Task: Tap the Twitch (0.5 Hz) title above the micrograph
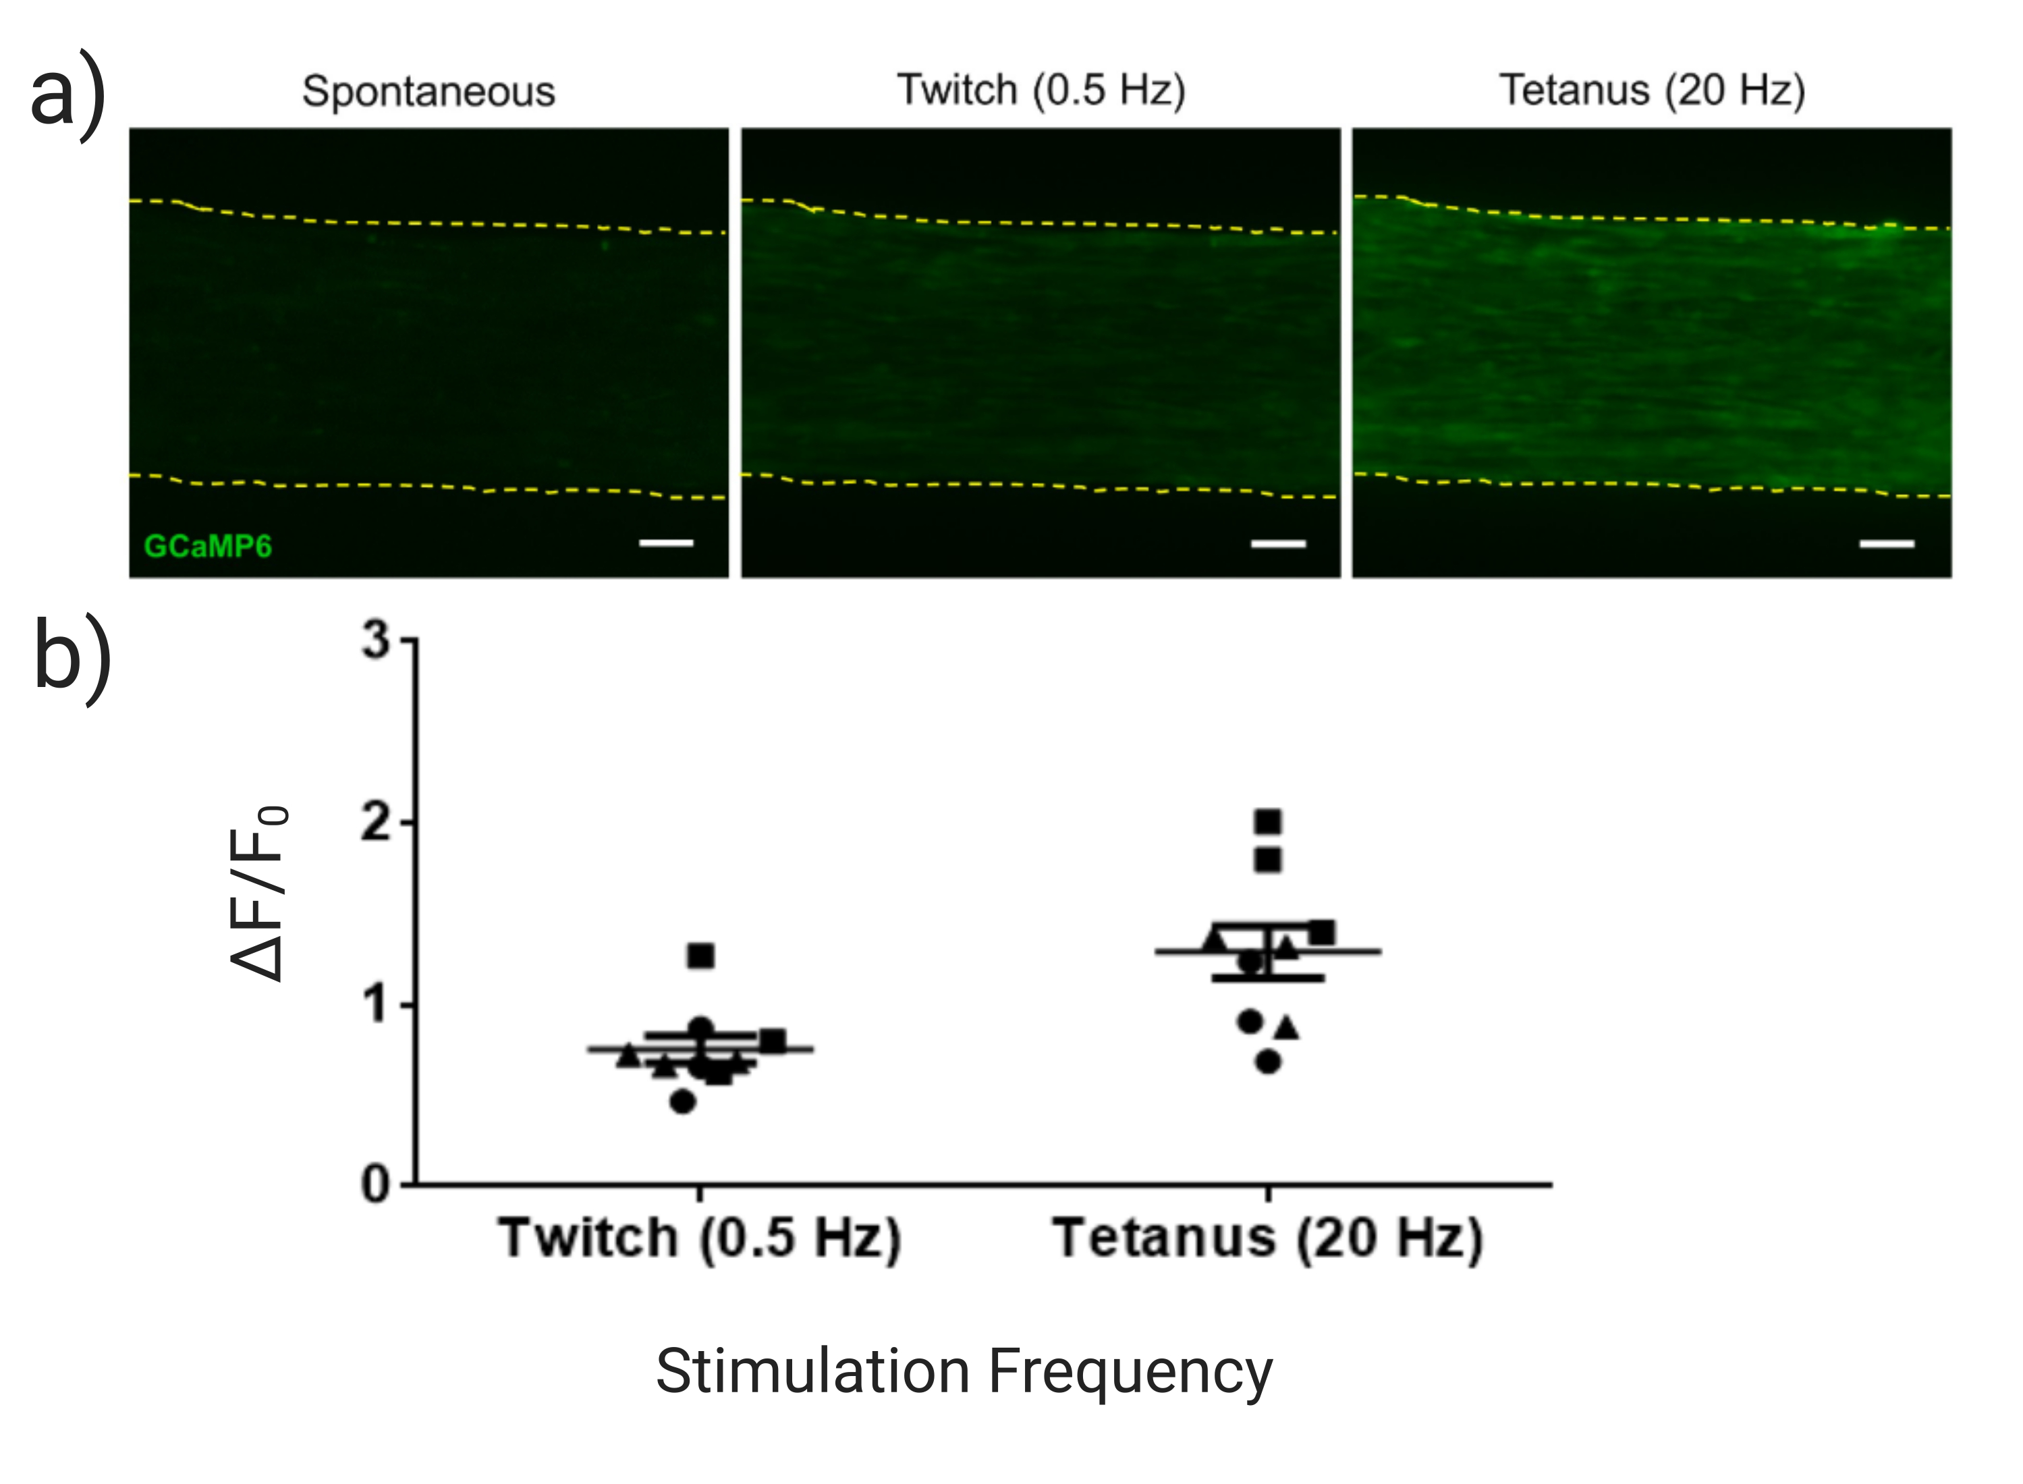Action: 1041,90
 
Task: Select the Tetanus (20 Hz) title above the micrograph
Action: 1652,90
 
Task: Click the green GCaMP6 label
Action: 208,546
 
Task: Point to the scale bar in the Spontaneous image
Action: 665,543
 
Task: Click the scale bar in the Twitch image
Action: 1277,543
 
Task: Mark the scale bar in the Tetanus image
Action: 1887,543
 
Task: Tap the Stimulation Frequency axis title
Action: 964,1372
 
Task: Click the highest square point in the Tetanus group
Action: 1267,821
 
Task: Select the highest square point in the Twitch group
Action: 700,956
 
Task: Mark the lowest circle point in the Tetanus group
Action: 1267,1062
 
